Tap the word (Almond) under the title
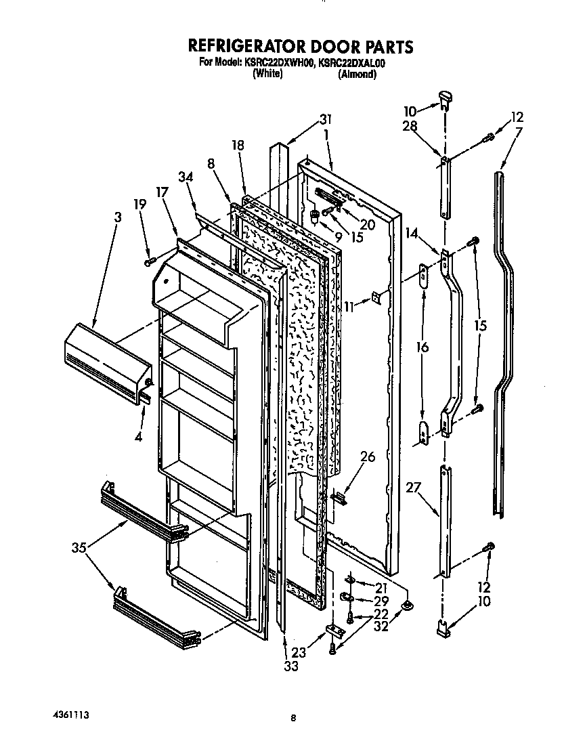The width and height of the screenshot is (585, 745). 357,74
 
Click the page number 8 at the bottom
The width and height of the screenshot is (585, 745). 293,720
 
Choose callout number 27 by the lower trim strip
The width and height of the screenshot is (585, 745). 414,487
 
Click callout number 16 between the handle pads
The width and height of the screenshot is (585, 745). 422,347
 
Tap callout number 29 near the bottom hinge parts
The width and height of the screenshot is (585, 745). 381,601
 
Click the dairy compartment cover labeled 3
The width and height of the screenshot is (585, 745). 105,362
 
